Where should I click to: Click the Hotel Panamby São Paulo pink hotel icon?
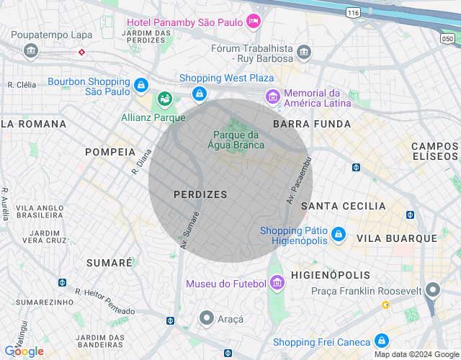pyautogui.click(x=253, y=20)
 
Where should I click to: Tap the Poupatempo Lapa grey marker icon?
pyautogui.click(x=30, y=50)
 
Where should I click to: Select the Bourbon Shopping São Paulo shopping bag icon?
pyautogui.click(x=142, y=86)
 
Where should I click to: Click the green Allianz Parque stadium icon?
pyautogui.click(x=165, y=97)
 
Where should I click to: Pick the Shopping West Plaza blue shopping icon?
pyautogui.click(x=200, y=93)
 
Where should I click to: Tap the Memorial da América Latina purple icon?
pyautogui.click(x=272, y=96)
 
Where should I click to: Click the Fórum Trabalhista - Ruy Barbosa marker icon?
pyautogui.click(x=304, y=52)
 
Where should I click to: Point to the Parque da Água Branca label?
pyautogui.click(x=238, y=140)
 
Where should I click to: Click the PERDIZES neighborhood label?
pyautogui.click(x=200, y=194)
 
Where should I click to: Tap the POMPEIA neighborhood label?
pyautogui.click(x=110, y=152)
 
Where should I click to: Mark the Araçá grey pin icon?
pyautogui.click(x=207, y=318)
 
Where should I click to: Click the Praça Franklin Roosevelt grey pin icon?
pyautogui.click(x=432, y=291)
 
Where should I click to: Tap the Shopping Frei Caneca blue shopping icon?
pyautogui.click(x=382, y=341)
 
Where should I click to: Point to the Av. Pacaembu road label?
pyautogui.click(x=297, y=180)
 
